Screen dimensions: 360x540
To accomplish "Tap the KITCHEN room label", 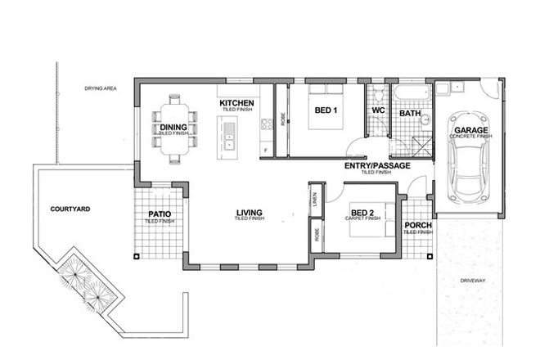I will pyautogui.click(x=237, y=103).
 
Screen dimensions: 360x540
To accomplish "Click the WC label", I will pyautogui.click(x=378, y=110).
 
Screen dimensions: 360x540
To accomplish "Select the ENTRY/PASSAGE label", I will pyautogui.click(x=377, y=166).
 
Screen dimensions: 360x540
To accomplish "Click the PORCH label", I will pyautogui.click(x=417, y=225).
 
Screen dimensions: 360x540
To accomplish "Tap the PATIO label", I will pyautogui.click(x=160, y=214).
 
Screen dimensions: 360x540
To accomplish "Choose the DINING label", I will pyautogui.click(x=173, y=128).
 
